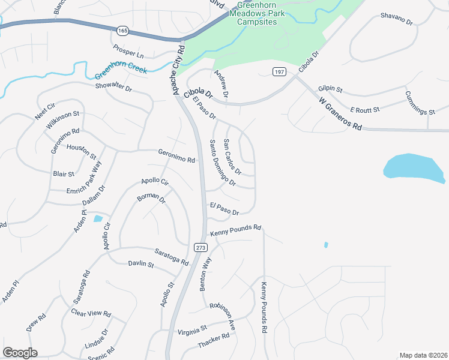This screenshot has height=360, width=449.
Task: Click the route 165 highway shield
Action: [122, 29]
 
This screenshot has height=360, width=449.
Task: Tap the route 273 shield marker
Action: [200, 247]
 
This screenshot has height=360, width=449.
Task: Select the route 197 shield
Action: [279, 72]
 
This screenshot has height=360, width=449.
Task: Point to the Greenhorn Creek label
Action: [121, 74]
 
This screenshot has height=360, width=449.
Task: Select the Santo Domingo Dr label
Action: [222, 162]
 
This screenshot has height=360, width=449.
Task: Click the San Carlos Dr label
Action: [232, 157]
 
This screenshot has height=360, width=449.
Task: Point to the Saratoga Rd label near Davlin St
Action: [172, 258]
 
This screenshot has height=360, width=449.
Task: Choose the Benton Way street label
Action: [206, 274]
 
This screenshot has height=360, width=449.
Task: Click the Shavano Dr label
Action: [397, 19]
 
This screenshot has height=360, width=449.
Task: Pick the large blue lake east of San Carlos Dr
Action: [414, 168]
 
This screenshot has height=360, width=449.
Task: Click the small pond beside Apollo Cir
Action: [98, 218]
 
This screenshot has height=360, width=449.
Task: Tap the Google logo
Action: [20, 353]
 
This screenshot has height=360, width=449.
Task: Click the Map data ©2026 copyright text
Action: [423, 355]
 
